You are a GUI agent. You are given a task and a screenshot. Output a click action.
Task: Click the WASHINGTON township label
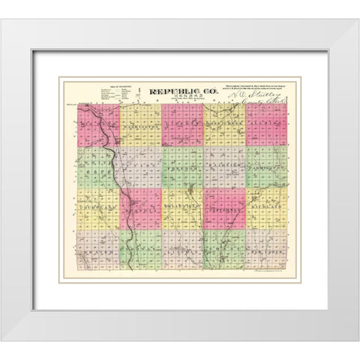[x=139, y=127]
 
